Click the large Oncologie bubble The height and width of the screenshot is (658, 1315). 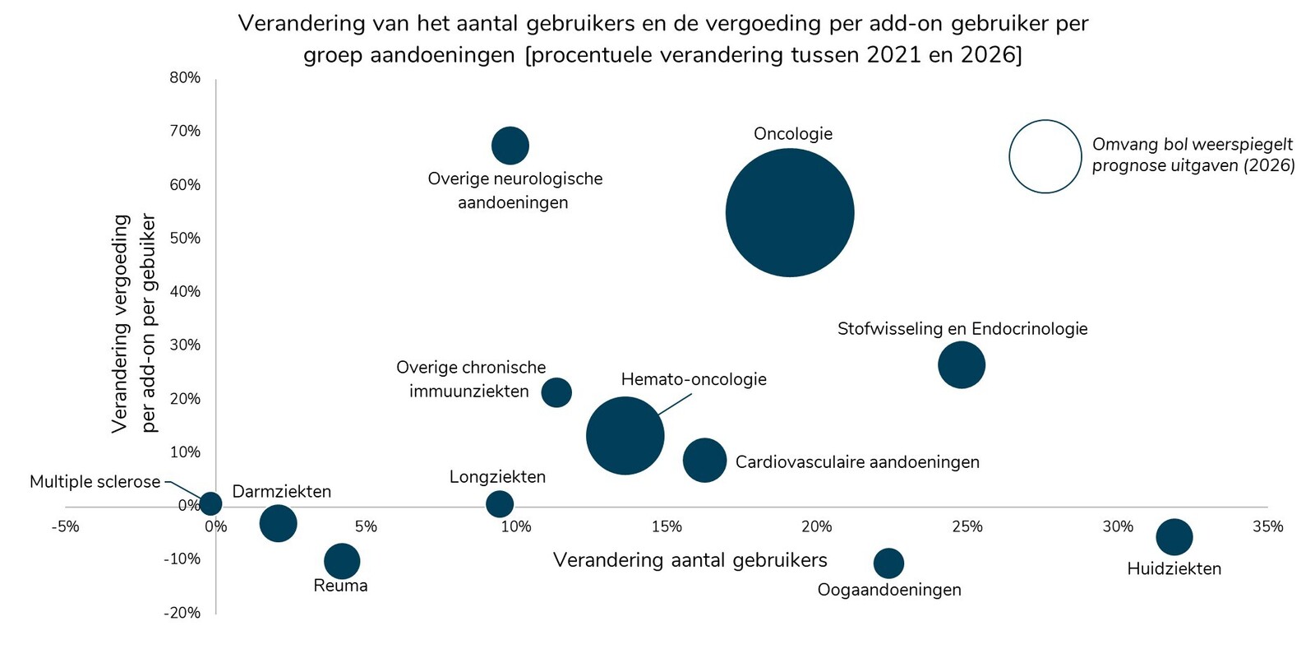point(790,213)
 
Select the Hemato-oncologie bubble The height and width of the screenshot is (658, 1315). point(625,436)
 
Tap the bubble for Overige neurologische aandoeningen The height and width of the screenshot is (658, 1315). point(510,146)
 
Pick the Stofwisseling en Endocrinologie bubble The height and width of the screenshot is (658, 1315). point(962,365)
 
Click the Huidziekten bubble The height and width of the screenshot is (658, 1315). point(1174,537)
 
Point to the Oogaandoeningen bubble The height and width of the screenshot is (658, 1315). point(888,563)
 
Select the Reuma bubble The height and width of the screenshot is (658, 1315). point(342,561)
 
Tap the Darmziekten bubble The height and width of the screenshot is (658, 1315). point(278,523)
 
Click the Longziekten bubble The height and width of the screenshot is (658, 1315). point(500,503)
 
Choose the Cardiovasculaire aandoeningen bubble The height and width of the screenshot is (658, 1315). point(704,460)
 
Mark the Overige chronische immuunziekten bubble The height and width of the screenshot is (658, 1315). point(556,392)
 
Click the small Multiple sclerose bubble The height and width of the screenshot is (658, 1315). point(211,503)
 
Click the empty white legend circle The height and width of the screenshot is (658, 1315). point(1045,156)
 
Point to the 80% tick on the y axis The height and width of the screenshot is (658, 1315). point(185,78)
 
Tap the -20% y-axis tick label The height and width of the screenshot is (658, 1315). point(182,613)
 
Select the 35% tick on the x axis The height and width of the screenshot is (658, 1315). point(1267,526)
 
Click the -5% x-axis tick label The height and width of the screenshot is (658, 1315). point(65,526)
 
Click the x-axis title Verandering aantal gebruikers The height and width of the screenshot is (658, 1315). point(690,560)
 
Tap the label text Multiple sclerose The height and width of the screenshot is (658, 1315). point(95,482)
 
